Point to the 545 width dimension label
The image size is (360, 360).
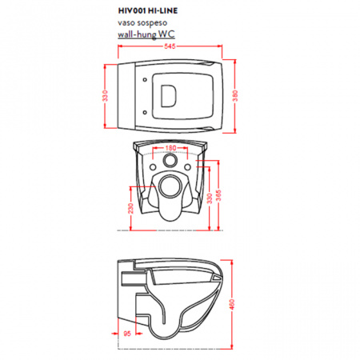coord(170,46)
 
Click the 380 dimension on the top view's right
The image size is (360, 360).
coord(235,96)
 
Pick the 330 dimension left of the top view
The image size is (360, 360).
coord(106,96)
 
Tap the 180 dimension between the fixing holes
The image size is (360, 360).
coord(170,147)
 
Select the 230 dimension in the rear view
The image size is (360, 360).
coord(130,208)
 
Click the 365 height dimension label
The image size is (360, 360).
coord(218,195)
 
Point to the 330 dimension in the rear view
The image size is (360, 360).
coord(210,198)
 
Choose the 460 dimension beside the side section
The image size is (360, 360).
coord(232,305)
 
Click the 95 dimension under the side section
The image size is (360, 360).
coord(127,334)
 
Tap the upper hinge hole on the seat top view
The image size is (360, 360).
coord(145,80)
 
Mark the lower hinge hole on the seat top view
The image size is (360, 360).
coord(145,113)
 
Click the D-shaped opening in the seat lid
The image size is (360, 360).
coord(169,96)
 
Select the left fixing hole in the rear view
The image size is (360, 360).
coord(153,167)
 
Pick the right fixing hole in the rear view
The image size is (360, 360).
coord(188,167)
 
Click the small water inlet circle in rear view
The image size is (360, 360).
coord(170,160)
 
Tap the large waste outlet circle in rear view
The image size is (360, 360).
coord(170,186)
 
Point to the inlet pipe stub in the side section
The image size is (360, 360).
coord(134,278)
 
